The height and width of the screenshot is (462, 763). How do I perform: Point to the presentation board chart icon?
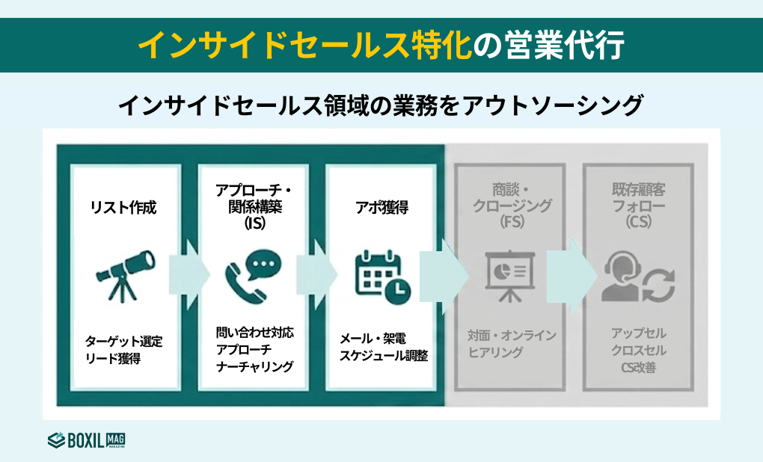(510, 277)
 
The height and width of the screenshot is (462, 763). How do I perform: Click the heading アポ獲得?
(381, 207)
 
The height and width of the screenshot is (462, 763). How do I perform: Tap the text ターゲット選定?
(124, 342)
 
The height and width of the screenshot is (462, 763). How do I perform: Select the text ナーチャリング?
(254, 366)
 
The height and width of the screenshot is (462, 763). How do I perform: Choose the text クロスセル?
(638, 350)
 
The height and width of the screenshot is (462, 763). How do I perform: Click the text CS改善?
(638, 367)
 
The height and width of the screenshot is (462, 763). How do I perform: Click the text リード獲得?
(113, 359)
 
